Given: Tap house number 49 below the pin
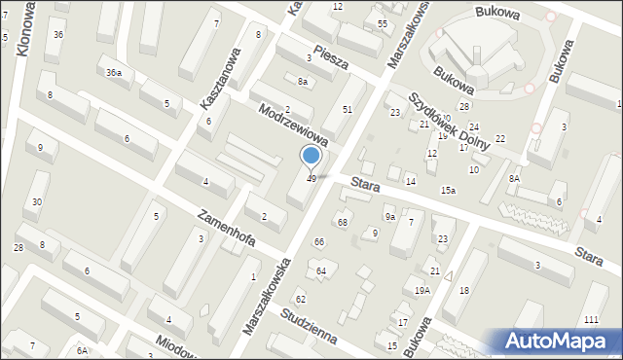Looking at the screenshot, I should pos(311,178).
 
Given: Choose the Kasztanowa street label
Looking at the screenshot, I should pos(220,79).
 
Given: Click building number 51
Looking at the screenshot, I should pos(347,110).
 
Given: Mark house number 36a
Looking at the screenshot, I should pos(115,73).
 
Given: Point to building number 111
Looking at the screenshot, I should pos(590,320).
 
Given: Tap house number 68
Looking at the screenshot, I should pos(343,223).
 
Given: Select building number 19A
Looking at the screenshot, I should pos(421,291).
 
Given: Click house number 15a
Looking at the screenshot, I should pos(447,191).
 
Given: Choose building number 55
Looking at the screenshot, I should pos(383,23).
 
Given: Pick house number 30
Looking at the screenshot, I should pos(36,202).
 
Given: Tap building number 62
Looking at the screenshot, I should pos(301,298).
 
